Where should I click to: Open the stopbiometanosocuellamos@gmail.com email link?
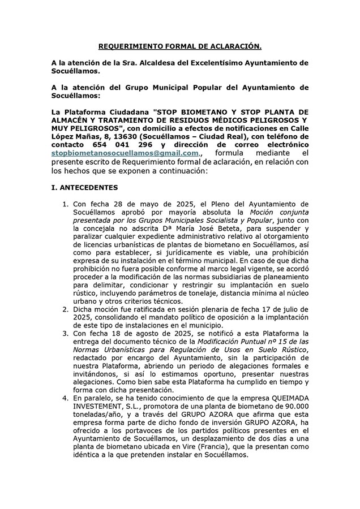click(125, 153)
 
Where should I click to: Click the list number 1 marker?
click(66, 204)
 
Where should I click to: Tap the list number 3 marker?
click(66, 334)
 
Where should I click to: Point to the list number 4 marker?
click(66, 399)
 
